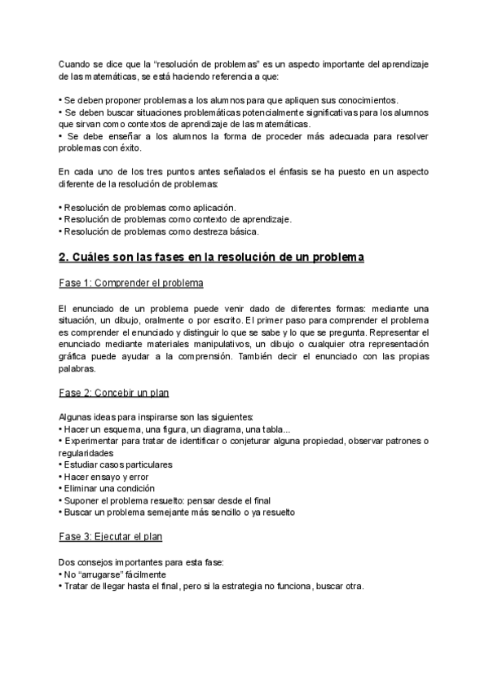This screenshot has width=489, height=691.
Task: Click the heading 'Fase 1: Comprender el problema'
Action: [x=131, y=283]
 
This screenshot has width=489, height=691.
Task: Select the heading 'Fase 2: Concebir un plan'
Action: [x=113, y=392]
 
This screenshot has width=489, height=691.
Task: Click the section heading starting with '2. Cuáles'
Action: [x=211, y=257]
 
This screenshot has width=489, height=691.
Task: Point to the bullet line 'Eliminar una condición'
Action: [x=108, y=488]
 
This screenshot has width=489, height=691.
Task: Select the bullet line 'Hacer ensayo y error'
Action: [x=104, y=476]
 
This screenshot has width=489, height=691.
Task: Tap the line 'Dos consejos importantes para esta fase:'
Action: [x=142, y=562]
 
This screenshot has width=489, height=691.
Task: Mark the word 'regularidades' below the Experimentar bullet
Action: [x=86, y=452]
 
